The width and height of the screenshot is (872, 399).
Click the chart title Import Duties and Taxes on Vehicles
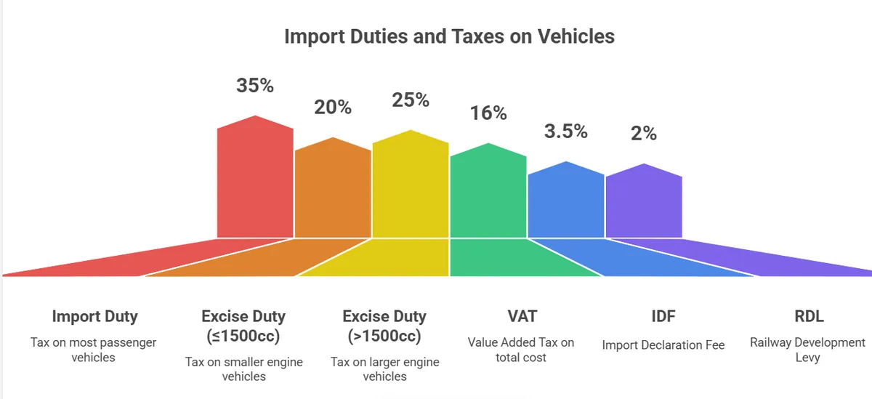pyautogui.click(x=449, y=36)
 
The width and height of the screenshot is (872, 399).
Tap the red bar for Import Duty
pyautogui.click(x=256, y=182)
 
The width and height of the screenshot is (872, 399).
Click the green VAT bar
pyautogui.click(x=488, y=193)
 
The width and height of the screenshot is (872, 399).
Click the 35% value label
pyautogui.click(x=255, y=85)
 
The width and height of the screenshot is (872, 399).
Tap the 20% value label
pyautogui.click(x=333, y=108)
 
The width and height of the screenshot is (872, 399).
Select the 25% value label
pyautogui.click(x=411, y=100)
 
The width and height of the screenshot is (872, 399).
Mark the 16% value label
pyautogui.click(x=488, y=113)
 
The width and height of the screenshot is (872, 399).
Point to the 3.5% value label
pyautogui.click(x=566, y=132)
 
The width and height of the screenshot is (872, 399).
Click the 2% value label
pyautogui.click(x=644, y=134)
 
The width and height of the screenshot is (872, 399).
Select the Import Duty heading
pyautogui.click(x=94, y=317)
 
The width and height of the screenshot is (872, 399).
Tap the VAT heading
pyautogui.click(x=520, y=317)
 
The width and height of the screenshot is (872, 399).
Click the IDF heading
pyautogui.click(x=663, y=317)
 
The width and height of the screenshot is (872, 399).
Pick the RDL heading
pyautogui.click(x=809, y=317)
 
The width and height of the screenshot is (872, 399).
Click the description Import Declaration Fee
pyautogui.click(x=663, y=345)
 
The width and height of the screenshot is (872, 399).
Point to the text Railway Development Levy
pyautogui.click(x=808, y=350)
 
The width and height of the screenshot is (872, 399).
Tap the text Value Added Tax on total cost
pyautogui.click(x=520, y=350)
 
